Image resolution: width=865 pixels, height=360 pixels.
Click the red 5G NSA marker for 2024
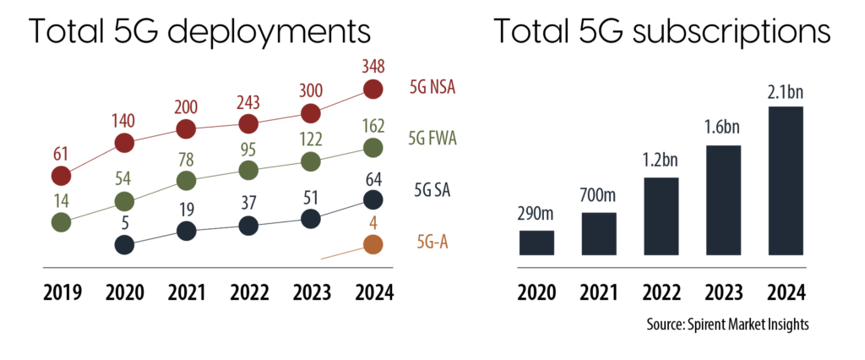tap(373, 89)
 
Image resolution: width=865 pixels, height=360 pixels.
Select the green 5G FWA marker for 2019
tap(61, 222)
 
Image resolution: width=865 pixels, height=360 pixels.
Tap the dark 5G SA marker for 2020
tap(124, 245)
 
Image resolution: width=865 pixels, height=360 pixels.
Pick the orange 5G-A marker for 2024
tap(373, 245)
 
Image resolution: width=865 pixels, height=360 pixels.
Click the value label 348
tap(373, 65)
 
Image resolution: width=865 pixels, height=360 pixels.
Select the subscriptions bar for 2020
tap(536, 243)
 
